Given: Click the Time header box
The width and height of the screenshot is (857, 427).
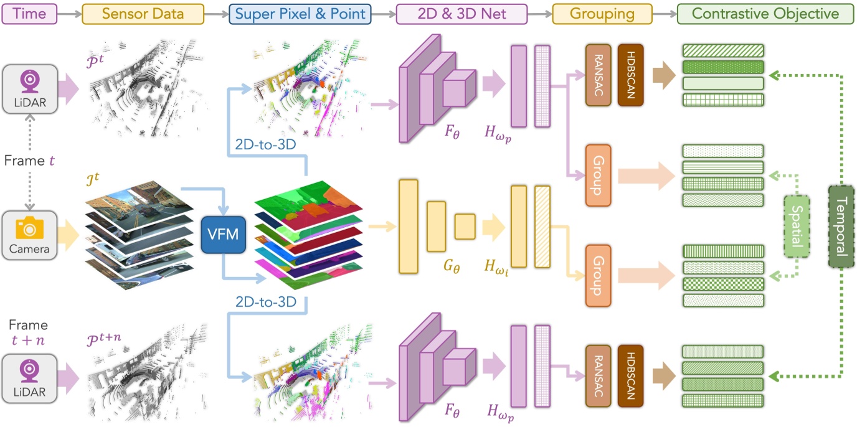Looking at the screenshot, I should pyautogui.click(x=31, y=14).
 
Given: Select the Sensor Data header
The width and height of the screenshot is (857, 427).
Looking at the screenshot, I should pyautogui.click(x=143, y=14).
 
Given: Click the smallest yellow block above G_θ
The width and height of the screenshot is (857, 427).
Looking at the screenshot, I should pyautogui.click(x=465, y=226).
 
